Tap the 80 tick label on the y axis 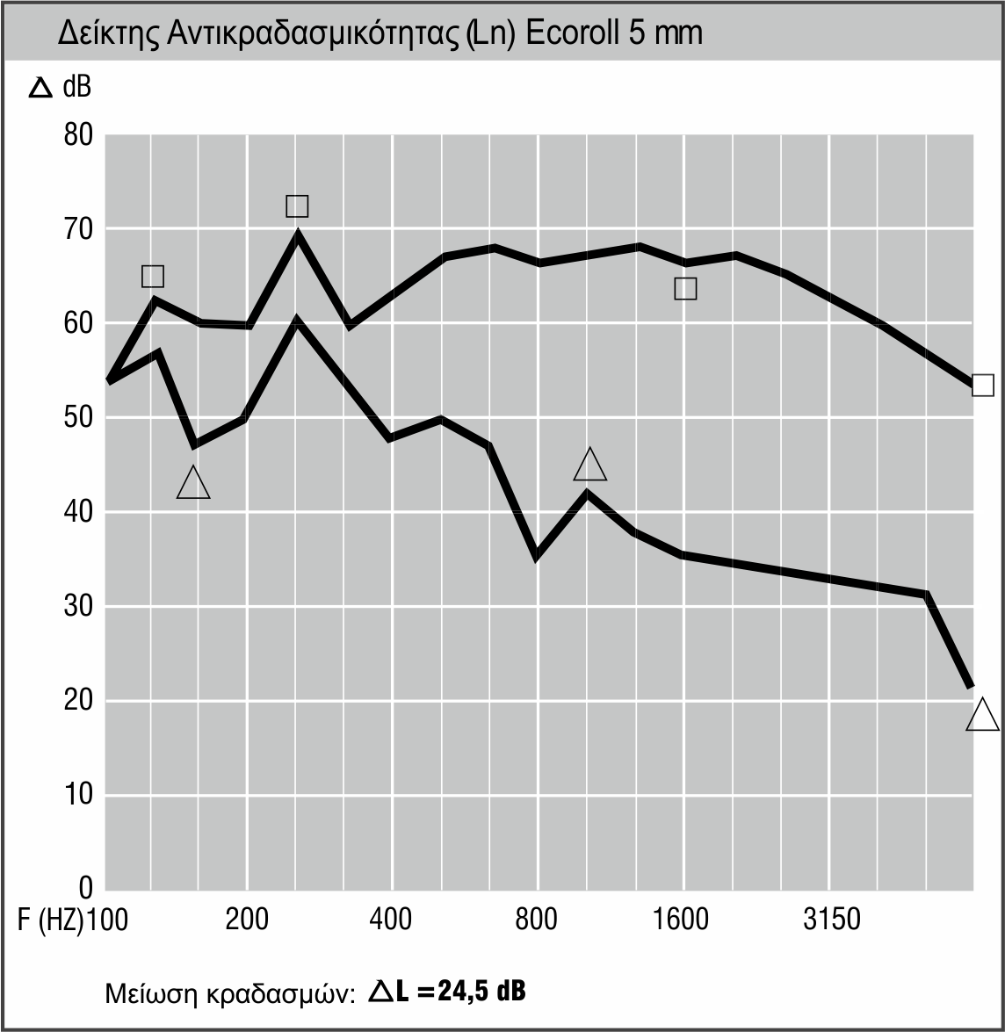[77, 135]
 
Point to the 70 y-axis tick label [77, 230]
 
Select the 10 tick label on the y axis [77, 795]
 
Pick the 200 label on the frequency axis [247, 920]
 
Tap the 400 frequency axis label [391, 920]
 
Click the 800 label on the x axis [537, 920]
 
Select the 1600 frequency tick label [682, 920]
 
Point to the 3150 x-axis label [831, 920]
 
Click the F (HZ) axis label [51, 920]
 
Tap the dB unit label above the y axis [76, 87]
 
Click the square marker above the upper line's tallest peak [297, 206]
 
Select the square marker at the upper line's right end [982, 385]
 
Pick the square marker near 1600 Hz [685, 288]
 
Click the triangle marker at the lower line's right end [982, 716]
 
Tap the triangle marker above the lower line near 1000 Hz [589, 465]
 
